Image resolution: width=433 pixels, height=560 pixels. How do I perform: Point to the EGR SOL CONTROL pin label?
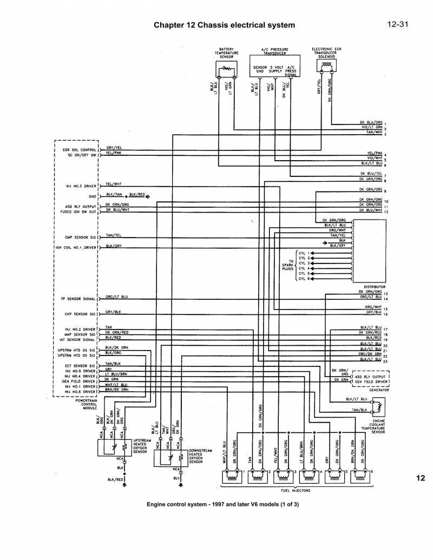tap(81, 149)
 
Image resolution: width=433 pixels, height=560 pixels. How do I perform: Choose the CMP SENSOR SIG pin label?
tap(81, 237)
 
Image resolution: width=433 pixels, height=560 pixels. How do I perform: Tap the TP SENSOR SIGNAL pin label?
tap(78, 299)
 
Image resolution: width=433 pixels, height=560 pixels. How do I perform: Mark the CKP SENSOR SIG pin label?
tap(81, 314)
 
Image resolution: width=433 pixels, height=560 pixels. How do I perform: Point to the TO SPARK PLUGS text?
tap(287, 264)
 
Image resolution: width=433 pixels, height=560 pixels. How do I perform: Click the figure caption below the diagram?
tap(222, 504)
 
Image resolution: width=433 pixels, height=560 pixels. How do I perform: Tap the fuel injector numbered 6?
tap(360, 477)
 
